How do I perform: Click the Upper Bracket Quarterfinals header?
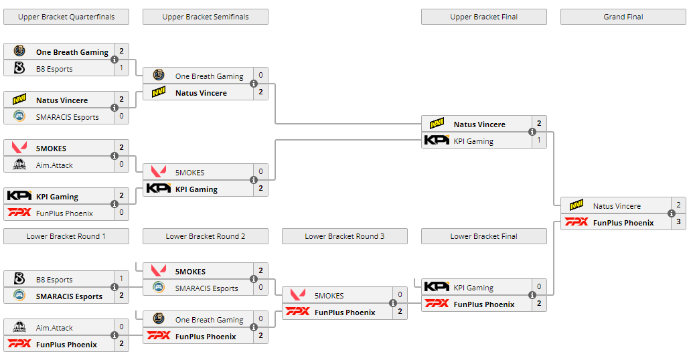click(x=66, y=17)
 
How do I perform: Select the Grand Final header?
click(x=623, y=17)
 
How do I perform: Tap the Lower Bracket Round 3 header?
click(x=344, y=236)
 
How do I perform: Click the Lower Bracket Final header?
click(x=483, y=236)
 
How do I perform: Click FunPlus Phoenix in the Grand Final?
click(x=623, y=223)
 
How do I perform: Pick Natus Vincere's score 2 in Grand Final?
click(x=678, y=205)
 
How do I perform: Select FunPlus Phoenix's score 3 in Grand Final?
click(x=678, y=223)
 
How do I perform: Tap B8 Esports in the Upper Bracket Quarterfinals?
click(x=54, y=69)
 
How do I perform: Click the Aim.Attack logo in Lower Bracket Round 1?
click(x=19, y=328)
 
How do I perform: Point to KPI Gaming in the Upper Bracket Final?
click(x=473, y=141)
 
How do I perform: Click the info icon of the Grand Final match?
click(x=672, y=214)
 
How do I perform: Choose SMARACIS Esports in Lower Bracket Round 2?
click(x=206, y=288)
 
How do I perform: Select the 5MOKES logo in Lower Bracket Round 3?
click(x=298, y=296)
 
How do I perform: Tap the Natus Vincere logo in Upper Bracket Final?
click(x=437, y=124)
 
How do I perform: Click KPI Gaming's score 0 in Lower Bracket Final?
click(x=539, y=287)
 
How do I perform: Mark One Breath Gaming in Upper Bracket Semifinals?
click(x=209, y=76)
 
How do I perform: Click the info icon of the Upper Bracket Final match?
click(x=532, y=132)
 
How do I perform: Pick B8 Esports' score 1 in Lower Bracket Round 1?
click(x=121, y=279)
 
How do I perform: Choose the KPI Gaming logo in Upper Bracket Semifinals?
click(x=159, y=189)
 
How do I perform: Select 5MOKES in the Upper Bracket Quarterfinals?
click(x=51, y=149)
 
